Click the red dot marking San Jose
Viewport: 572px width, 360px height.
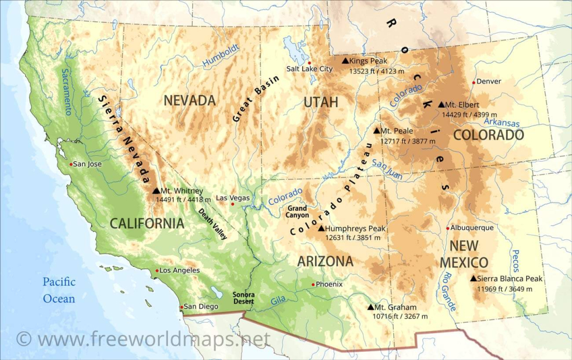pos(71,164)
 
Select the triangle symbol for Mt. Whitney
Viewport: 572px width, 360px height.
pos(156,191)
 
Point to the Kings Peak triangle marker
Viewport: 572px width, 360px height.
pos(345,61)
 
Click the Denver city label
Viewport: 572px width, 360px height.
pos(489,81)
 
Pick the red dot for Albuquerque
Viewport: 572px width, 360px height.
pos(448,228)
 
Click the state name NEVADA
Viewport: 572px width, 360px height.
pos(189,100)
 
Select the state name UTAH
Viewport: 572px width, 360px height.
pos(321,102)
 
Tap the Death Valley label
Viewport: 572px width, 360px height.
pos(213,223)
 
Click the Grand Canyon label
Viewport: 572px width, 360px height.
pos(297,212)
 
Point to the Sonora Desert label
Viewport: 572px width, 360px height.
pos(244,298)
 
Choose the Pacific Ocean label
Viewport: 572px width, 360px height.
pos(59,290)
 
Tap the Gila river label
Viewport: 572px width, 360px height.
pos(278,301)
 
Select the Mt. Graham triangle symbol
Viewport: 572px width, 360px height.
pos(370,307)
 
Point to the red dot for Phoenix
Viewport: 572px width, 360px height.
pos(313,284)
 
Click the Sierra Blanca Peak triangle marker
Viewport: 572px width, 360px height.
pos(473,279)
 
